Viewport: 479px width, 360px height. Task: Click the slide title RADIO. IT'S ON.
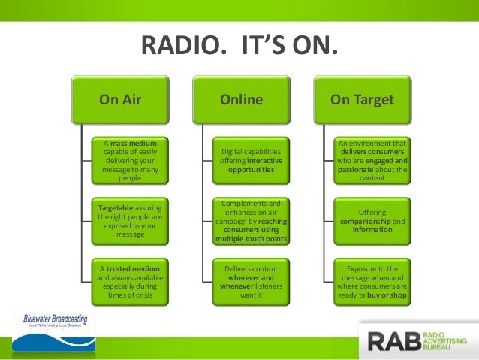coord(239,47)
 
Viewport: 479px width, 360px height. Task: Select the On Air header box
coord(120,100)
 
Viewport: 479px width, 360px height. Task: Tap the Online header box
coord(240,100)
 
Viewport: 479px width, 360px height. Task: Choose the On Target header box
coord(361,100)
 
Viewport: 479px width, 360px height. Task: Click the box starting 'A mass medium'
coord(130,159)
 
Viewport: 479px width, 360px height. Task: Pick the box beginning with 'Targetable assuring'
coord(130,219)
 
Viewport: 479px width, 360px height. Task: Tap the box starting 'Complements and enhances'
coord(251,221)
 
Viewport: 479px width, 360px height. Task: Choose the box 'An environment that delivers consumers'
coord(372,159)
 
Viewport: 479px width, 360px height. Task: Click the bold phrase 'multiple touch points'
coord(251,239)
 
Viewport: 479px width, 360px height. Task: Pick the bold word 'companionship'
coord(364,221)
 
